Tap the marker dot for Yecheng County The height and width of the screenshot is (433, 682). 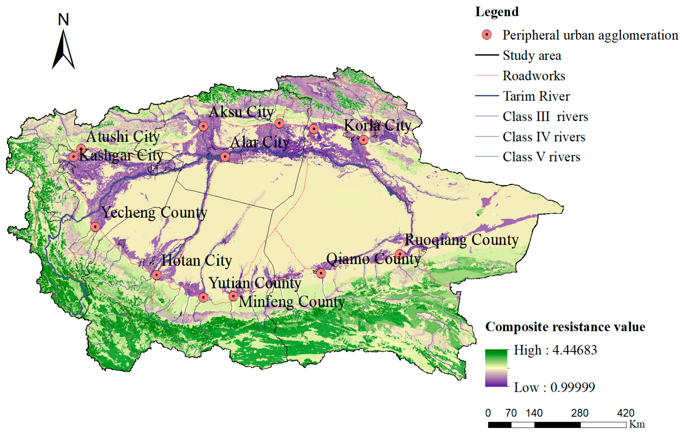(x=95, y=227)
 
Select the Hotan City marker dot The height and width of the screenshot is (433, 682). (x=157, y=275)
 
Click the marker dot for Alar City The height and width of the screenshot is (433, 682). (x=225, y=157)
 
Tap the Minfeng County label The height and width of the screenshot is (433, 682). (x=291, y=302)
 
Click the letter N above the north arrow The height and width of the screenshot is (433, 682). (x=63, y=20)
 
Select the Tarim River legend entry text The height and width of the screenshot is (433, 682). (x=536, y=96)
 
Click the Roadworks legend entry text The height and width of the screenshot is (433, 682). (x=534, y=76)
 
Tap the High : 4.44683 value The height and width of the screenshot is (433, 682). (x=555, y=350)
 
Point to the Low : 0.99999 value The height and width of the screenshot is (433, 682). (x=554, y=387)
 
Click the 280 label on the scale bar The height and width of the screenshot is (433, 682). (x=580, y=413)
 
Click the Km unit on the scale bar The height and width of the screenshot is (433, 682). (x=637, y=424)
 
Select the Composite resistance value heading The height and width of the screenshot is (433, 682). (x=565, y=327)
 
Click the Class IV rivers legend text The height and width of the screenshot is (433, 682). (x=544, y=137)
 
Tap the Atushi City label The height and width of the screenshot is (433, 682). (x=123, y=137)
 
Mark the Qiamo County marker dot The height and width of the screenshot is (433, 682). (x=321, y=273)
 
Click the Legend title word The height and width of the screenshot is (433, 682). (x=497, y=12)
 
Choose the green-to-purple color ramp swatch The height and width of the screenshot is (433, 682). (x=496, y=368)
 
